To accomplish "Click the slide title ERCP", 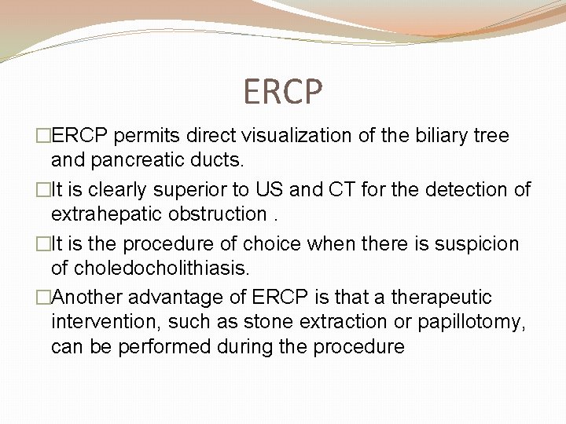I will [283, 92].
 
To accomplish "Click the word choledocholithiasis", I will [150, 269].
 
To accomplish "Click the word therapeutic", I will [441, 298].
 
